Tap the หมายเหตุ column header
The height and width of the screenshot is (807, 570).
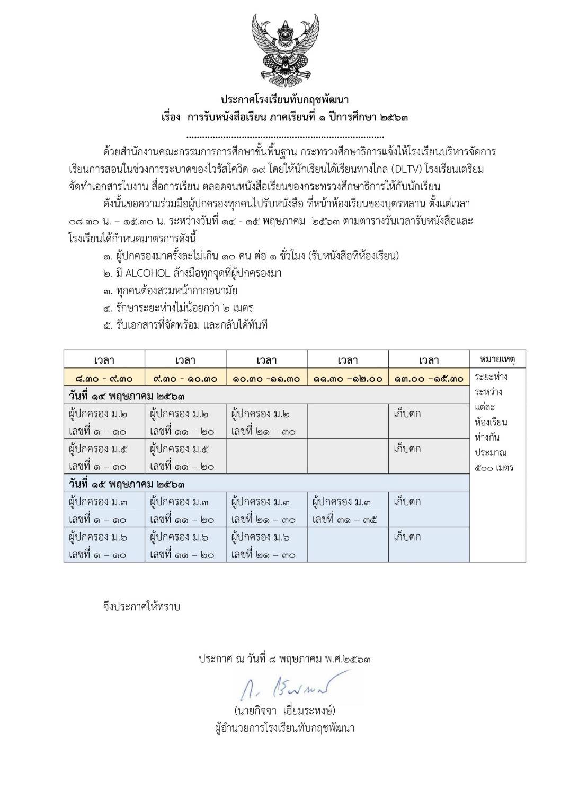coord(497,359)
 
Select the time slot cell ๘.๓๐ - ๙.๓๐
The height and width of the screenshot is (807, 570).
coord(104,378)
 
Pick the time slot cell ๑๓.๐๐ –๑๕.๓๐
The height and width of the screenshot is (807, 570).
coord(429,378)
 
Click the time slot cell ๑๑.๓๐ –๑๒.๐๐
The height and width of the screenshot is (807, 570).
coord(348,378)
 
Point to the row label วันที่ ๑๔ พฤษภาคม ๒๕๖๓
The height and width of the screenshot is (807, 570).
coord(127,396)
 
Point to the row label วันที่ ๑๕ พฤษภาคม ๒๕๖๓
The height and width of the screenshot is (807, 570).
coord(127,484)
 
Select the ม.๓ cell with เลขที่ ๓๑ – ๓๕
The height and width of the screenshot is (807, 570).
coord(348,510)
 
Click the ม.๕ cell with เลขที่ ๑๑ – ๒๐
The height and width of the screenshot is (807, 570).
coord(185,457)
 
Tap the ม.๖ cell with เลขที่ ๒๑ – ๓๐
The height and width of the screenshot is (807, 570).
coord(266,545)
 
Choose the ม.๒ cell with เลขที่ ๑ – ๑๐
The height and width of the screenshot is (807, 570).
coord(104,422)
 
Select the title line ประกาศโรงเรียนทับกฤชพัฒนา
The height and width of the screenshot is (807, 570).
coord(284,100)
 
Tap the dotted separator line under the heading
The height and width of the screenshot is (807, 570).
coord(284,136)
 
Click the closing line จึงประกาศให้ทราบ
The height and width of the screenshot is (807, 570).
coord(141,606)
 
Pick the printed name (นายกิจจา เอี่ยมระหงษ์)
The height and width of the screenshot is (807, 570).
coord(284,710)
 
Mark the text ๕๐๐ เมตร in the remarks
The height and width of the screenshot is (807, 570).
coord(494,468)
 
